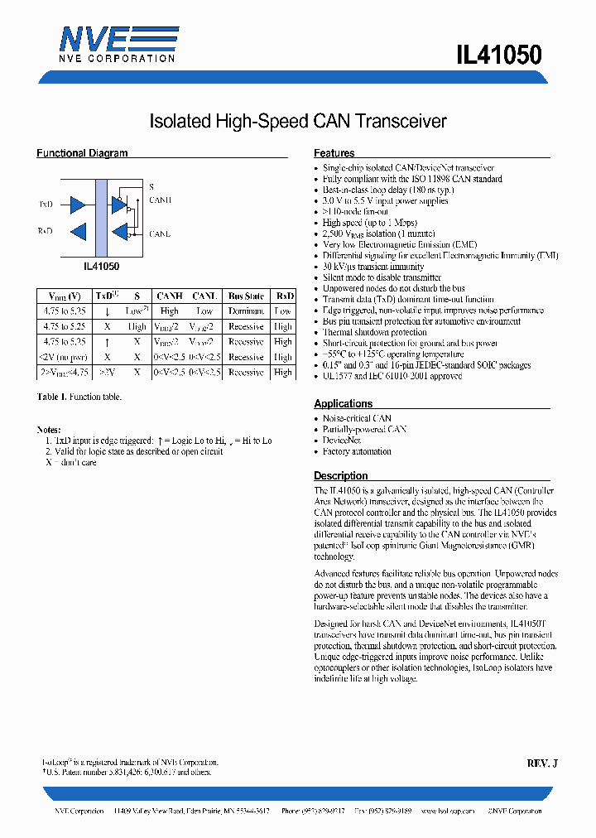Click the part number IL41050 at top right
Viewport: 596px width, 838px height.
(x=498, y=55)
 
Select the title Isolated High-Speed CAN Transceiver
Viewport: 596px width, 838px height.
(x=298, y=122)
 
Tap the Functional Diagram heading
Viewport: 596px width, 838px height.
(x=82, y=153)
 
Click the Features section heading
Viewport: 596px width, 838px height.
(x=334, y=153)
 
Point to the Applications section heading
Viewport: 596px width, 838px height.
(x=343, y=404)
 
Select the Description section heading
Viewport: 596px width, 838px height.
(x=340, y=476)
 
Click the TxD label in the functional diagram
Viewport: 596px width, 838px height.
(x=46, y=204)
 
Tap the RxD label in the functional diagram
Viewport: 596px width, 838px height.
(x=46, y=231)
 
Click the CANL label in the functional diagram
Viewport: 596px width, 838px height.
(x=160, y=234)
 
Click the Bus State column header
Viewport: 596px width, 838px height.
(x=246, y=296)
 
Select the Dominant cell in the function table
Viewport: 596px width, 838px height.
(x=246, y=311)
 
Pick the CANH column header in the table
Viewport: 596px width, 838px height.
(x=169, y=296)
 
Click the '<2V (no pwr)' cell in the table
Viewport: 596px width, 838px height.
(x=65, y=357)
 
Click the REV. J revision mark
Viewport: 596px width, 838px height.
(x=542, y=763)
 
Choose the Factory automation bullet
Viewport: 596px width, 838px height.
(x=357, y=451)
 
